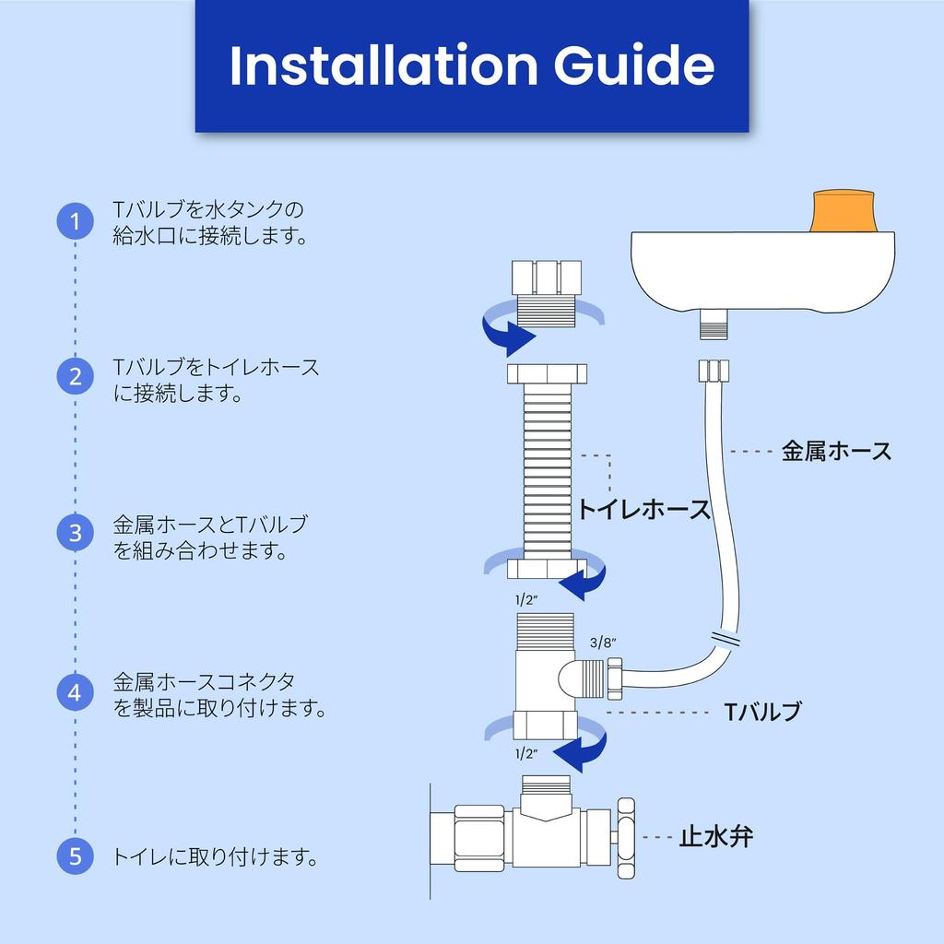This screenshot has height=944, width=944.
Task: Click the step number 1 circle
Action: tap(75, 221)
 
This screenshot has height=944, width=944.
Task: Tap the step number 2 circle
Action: tap(75, 376)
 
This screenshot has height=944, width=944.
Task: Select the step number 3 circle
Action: tap(75, 533)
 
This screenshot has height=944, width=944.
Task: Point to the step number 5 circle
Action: tap(75, 856)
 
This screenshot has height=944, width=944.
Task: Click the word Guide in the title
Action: tap(633, 65)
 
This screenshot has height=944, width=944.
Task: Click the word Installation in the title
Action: tap(379, 65)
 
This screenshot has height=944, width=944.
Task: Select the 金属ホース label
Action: tap(836, 452)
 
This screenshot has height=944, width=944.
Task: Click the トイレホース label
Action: tap(644, 510)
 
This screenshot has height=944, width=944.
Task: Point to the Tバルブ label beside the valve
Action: tap(761, 712)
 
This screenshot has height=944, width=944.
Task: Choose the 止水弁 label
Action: tap(716, 837)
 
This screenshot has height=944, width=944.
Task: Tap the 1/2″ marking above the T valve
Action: tap(525, 600)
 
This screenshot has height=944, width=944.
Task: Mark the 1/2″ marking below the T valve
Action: tap(525, 753)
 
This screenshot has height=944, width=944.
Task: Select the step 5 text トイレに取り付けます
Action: tap(216, 857)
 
